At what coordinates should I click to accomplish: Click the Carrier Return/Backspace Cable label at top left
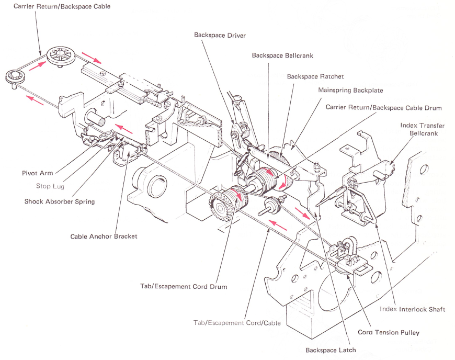[x=62, y=7]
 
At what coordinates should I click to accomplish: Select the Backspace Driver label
[x=220, y=35]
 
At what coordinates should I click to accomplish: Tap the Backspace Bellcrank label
[x=282, y=55]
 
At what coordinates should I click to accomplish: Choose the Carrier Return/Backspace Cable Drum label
[x=383, y=108]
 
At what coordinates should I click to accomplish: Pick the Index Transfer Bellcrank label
[x=422, y=129]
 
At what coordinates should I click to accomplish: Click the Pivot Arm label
[x=37, y=173]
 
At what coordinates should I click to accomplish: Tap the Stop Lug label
[x=50, y=186]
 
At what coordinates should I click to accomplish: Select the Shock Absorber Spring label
[x=59, y=201]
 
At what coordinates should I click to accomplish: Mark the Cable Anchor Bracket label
[x=104, y=237]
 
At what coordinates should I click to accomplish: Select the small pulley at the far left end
[x=12, y=77]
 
